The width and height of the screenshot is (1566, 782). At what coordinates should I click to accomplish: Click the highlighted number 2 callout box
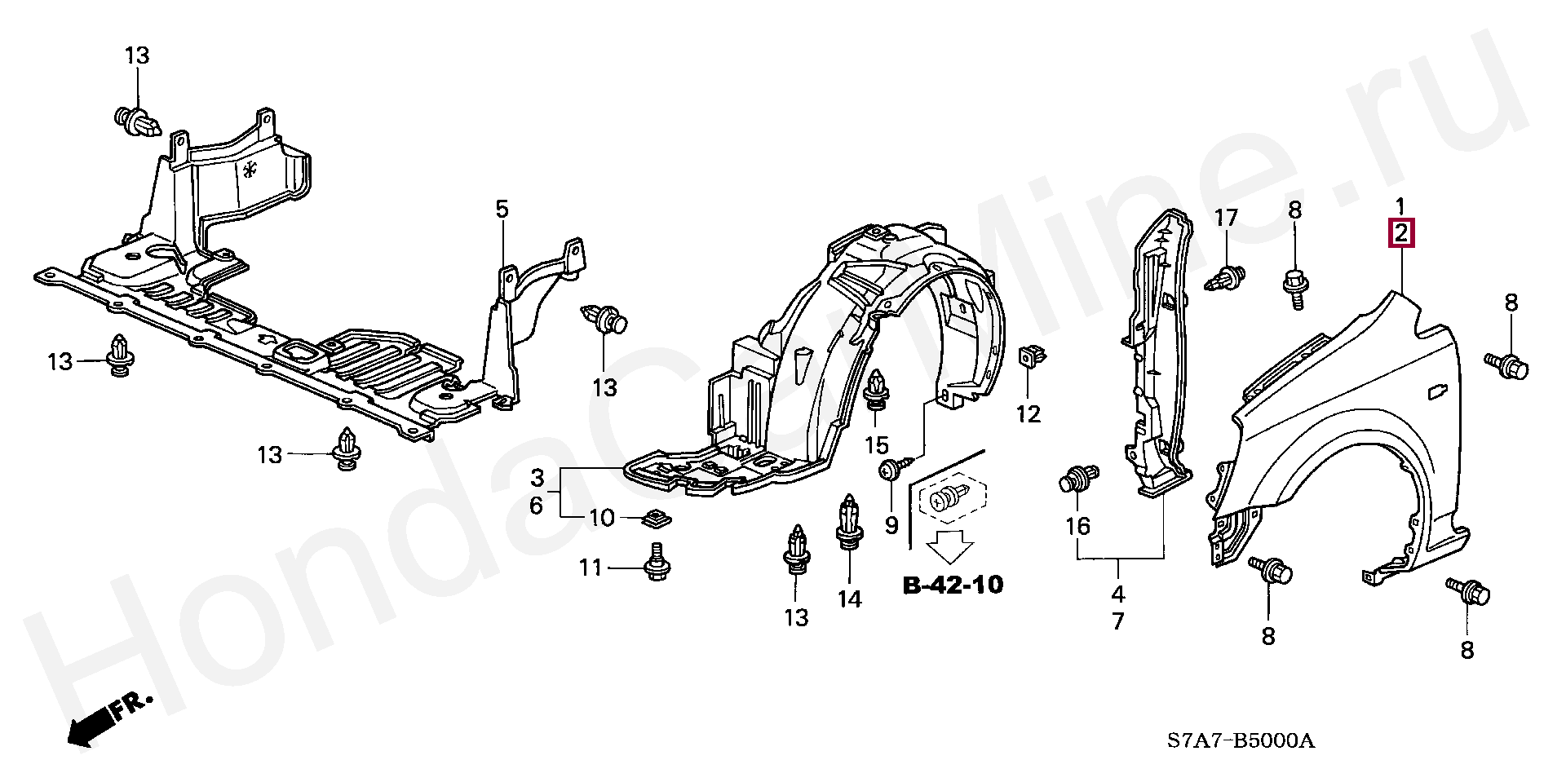(x=1401, y=234)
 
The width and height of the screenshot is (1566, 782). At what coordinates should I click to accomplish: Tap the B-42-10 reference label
(x=953, y=585)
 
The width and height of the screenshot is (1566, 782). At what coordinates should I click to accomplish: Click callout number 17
(x=1226, y=218)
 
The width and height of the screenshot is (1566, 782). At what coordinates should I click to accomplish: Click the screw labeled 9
(x=889, y=470)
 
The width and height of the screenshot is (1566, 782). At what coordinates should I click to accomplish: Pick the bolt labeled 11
(x=655, y=567)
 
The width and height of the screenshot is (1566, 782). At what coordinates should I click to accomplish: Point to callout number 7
(x=1117, y=621)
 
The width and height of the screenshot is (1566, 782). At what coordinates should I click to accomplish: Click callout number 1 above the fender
(x=1400, y=205)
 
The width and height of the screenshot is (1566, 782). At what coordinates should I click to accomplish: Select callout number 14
(x=849, y=599)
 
